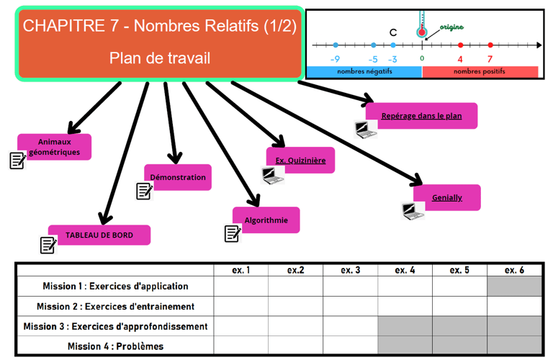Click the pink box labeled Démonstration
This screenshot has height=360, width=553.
tap(178, 177)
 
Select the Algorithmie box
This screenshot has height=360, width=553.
tap(266, 220)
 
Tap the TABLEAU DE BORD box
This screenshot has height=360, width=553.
tap(99, 235)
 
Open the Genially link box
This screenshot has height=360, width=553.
tap(447, 197)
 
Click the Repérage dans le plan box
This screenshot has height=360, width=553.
tap(421, 115)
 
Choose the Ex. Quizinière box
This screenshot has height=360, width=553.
tap(301, 161)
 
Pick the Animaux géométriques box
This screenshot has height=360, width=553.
tap(55, 147)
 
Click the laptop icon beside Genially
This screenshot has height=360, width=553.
tap(412, 211)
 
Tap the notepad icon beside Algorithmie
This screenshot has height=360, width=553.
tap(232, 233)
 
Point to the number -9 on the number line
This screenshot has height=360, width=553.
tap(335, 59)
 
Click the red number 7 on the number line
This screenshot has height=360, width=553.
tap(490, 59)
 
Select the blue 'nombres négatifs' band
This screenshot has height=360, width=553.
tap(364, 72)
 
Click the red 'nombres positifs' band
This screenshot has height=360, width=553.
tap(480, 72)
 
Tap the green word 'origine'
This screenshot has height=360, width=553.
tap(451, 27)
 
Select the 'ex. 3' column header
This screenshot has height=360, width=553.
tap(350, 270)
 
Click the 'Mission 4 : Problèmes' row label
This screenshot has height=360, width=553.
tap(115, 346)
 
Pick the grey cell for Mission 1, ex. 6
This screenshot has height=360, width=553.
tap(513, 286)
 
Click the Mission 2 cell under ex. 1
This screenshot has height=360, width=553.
tap(240, 306)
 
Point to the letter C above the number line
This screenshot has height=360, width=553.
tap(392, 32)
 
